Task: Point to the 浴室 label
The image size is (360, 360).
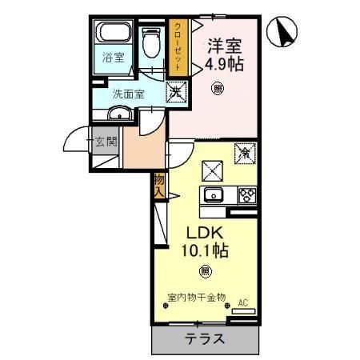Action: point(113,58)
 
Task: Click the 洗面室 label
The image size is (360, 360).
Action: point(127,93)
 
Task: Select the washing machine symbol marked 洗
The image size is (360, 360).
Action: point(175,92)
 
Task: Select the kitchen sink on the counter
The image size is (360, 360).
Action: point(214,195)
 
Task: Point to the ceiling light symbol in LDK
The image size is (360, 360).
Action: point(205,270)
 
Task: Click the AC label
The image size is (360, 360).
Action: point(243,303)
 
